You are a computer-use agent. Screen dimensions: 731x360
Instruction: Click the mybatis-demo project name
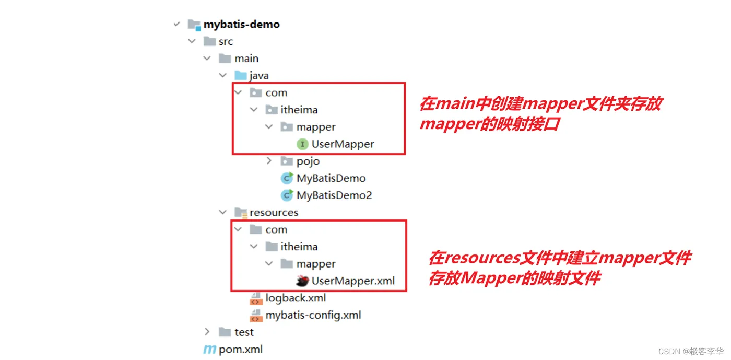(241, 24)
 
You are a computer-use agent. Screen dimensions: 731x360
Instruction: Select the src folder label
(226, 41)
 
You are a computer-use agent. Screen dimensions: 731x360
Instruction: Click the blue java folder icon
(241, 76)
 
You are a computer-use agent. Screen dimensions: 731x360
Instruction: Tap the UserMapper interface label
(343, 144)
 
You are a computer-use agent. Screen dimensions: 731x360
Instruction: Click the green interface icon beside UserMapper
(302, 144)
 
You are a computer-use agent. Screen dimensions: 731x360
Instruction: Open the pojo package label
(308, 161)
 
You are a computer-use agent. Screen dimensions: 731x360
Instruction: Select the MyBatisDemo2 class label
(334, 195)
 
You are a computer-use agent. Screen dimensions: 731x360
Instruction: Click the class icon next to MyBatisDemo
(287, 179)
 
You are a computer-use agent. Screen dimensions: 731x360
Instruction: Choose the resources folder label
(274, 213)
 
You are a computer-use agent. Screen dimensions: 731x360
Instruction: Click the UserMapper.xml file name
(353, 281)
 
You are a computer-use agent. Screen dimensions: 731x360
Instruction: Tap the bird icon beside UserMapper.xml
(302, 281)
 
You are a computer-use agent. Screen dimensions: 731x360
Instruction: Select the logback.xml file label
(296, 298)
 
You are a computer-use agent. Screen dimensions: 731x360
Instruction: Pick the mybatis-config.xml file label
(313, 316)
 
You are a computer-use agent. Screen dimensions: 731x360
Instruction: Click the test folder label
(244, 332)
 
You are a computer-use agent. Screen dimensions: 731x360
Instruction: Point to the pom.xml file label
(241, 350)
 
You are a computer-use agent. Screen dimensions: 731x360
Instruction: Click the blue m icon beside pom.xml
(209, 350)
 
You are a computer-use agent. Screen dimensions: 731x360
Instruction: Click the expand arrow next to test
(207, 332)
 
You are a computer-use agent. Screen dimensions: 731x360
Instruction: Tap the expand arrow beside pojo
(269, 161)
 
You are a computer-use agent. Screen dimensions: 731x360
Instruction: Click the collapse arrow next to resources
(223, 213)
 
